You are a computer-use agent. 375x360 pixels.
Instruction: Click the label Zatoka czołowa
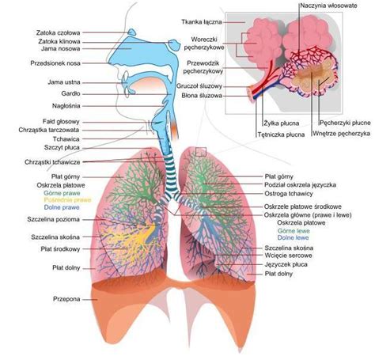[58, 33]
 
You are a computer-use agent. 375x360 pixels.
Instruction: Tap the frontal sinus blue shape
[131, 32]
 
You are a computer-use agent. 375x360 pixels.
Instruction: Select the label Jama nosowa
[60, 48]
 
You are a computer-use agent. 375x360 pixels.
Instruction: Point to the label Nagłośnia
[66, 106]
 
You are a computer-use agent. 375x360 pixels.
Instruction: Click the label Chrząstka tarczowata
[49, 130]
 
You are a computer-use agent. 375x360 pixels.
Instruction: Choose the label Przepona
[66, 299]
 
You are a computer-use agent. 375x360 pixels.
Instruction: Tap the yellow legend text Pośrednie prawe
[67, 200]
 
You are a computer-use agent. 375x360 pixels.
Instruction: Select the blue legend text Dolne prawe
[62, 207]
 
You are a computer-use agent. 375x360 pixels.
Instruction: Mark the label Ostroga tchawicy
[289, 194]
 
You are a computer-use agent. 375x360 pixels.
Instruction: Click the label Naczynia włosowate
[329, 6]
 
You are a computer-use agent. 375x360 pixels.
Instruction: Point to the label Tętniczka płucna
[281, 135]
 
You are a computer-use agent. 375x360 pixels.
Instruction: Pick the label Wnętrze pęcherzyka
[341, 134]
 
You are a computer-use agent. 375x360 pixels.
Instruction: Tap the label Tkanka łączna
[202, 22]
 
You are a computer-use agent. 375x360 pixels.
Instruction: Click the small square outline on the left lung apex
[201, 152]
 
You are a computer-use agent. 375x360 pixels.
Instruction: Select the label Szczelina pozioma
[53, 219]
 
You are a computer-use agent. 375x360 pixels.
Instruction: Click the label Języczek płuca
[286, 264]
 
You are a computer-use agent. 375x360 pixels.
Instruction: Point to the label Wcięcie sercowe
[288, 256]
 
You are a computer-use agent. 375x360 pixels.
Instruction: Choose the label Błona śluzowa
[202, 96]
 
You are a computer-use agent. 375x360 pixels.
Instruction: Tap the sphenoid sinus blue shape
[173, 44]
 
